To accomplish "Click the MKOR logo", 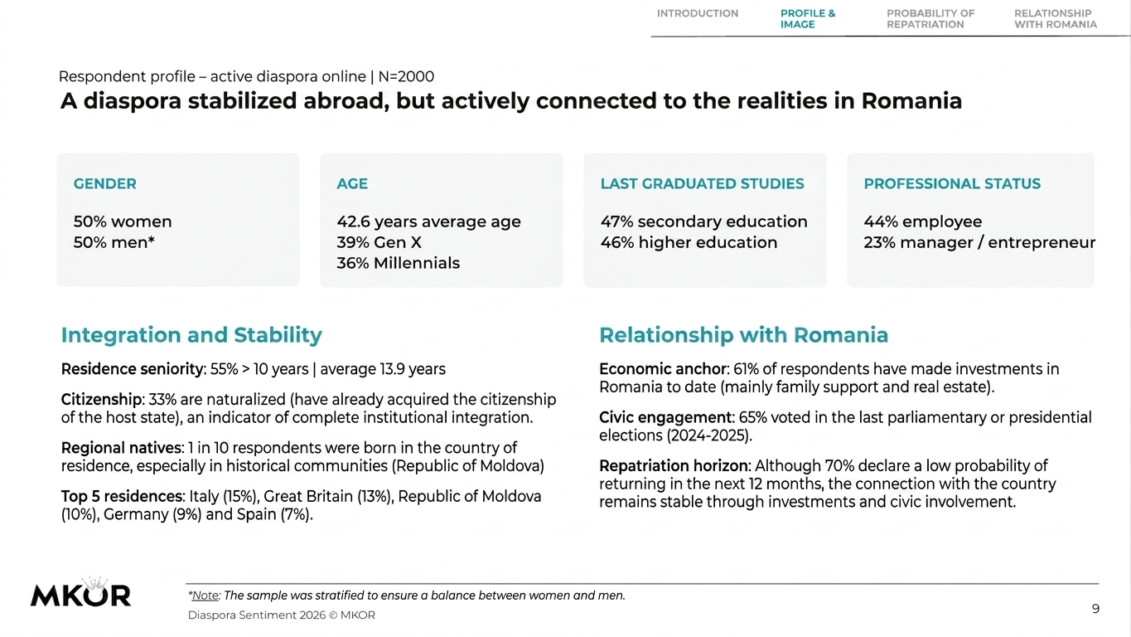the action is coord(81,592).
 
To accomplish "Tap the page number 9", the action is coord(1095,609).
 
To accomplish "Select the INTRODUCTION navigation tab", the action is coord(698,13).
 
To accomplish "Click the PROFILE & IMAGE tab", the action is coord(808,19).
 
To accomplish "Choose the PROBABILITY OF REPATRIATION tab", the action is coord(930,19).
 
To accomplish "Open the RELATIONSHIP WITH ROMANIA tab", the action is coord(1056,19).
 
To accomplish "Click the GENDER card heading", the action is coord(105,183).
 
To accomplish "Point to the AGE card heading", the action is coord(352,183).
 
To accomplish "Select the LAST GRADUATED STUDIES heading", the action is coord(703,183).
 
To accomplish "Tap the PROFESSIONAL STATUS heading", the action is coord(952,183).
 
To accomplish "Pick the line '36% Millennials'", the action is coord(399,264).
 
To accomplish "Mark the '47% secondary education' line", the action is coord(703,222).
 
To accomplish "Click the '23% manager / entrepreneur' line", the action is coord(979,243).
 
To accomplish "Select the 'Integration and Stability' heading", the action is coord(191,335).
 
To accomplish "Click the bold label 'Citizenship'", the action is coord(101,400).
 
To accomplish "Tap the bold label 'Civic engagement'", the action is coord(665,418).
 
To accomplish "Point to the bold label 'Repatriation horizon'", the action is coord(674,466).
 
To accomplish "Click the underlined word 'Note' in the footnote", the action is coord(205,596).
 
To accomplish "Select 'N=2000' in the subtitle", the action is coord(406,77).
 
